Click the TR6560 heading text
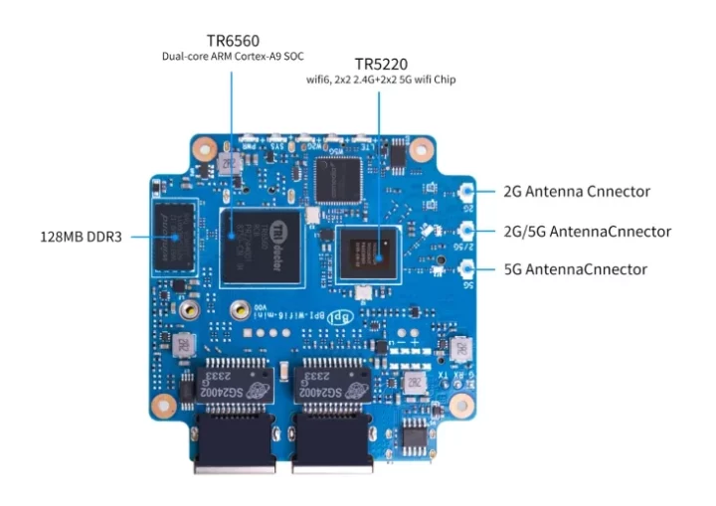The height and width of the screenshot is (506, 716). coord(233,41)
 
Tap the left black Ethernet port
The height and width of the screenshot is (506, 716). coord(237,443)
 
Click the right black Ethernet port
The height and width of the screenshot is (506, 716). coord(334,443)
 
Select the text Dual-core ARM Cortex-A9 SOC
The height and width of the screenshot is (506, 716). coord(234,57)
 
